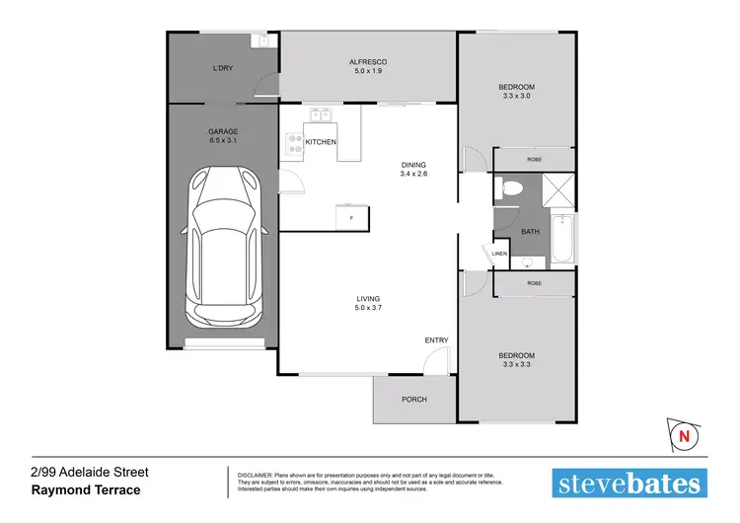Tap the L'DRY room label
(x=223, y=67)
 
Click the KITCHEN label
(x=321, y=143)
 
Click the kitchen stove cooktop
(x=293, y=147)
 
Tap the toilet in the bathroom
(x=508, y=187)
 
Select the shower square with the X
(x=558, y=187)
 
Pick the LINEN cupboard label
(x=499, y=254)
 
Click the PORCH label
(x=413, y=400)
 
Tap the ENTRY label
(x=436, y=340)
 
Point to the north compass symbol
(x=681, y=432)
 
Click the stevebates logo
(x=629, y=483)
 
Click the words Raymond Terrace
(x=86, y=490)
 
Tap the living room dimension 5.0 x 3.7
(x=369, y=308)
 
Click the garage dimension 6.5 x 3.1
(x=223, y=141)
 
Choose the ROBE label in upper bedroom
(x=534, y=159)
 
